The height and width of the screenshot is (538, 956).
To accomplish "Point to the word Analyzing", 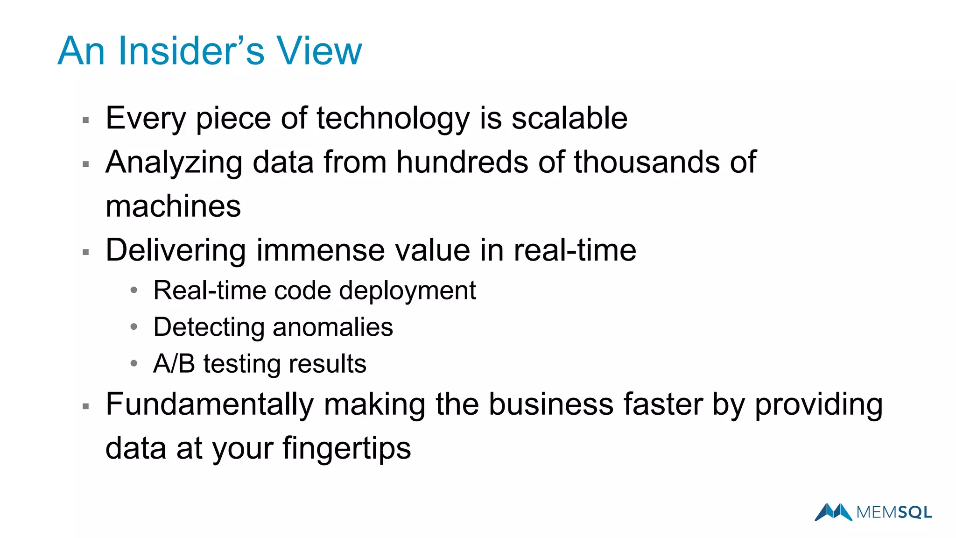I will [x=174, y=163].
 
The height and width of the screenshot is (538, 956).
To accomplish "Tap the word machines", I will [x=173, y=206].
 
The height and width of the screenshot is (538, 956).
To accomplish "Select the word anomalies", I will [x=333, y=327].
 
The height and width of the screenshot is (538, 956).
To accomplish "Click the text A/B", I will [x=174, y=363].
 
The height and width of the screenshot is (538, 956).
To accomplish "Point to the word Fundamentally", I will [x=210, y=404].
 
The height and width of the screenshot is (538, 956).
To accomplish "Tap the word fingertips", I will [x=346, y=449].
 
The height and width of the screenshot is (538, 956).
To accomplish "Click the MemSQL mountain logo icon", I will [x=833, y=512].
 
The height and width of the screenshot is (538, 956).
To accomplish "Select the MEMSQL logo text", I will [x=894, y=513].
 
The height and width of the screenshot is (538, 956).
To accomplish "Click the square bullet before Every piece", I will [x=85, y=120].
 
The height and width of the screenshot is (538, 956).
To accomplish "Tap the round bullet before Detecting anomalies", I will [x=134, y=327].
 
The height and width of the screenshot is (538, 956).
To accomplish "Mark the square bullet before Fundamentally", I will [x=85, y=406].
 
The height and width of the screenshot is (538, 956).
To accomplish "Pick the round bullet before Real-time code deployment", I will [x=134, y=290].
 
